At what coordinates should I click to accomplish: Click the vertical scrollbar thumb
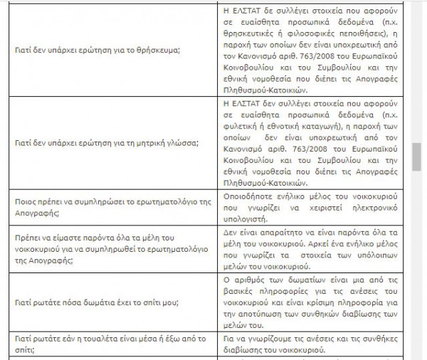[416, 156]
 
